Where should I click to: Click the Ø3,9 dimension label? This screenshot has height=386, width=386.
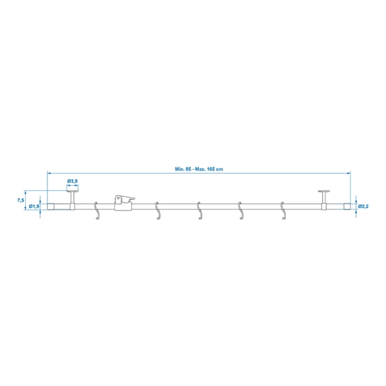pyautogui.click(x=72, y=182)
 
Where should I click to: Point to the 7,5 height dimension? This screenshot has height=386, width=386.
pyautogui.click(x=21, y=201)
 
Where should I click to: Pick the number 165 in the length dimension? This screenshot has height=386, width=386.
pyautogui.click(x=212, y=169)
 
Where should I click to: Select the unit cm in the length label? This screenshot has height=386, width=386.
pyautogui.click(x=221, y=169)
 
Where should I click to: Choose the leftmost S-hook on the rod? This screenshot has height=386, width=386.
pyautogui.click(x=96, y=212)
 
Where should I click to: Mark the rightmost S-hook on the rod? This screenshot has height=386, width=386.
pyautogui.click(x=282, y=212)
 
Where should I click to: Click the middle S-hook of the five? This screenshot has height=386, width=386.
pyautogui.click(x=199, y=212)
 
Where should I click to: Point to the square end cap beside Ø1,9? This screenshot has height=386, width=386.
pyautogui.click(x=51, y=207)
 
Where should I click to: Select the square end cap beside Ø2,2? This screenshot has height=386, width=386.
pyautogui.click(x=347, y=207)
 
